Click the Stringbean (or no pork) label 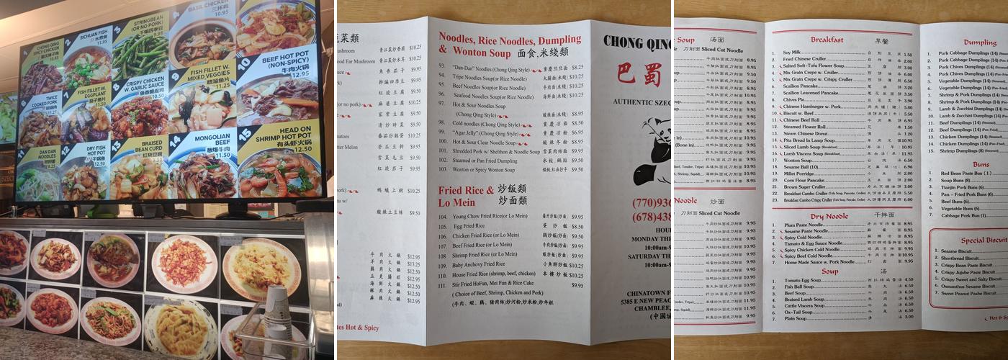click(x=147, y=24)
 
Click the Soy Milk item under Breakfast click(x=793, y=54)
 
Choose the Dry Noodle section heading click(x=829, y=216)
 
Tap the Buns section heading click(x=980, y=164)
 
